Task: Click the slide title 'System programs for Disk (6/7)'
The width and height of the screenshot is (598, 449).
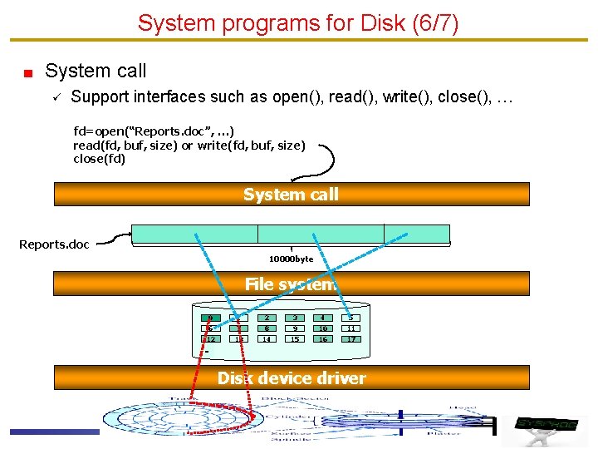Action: (298, 22)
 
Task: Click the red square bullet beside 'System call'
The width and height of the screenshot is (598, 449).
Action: (27, 72)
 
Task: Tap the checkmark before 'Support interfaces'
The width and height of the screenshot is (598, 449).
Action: (52, 97)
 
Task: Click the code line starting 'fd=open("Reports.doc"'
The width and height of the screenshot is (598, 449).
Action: (154, 131)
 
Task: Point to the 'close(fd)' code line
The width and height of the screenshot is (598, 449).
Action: (99, 159)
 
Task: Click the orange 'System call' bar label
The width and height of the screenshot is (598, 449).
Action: (291, 195)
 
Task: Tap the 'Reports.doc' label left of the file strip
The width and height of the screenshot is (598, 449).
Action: (54, 244)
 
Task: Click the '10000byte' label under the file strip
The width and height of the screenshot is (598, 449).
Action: (291, 259)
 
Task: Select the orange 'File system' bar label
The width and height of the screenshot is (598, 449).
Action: (291, 284)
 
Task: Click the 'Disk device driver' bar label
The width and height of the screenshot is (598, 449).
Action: (291, 378)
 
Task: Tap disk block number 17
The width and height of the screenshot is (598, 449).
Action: (351, 339)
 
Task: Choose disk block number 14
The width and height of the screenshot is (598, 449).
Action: (267, 339)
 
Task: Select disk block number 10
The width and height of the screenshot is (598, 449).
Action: (323, 328)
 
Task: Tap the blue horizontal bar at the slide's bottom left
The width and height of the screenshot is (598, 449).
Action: (54, 431)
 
